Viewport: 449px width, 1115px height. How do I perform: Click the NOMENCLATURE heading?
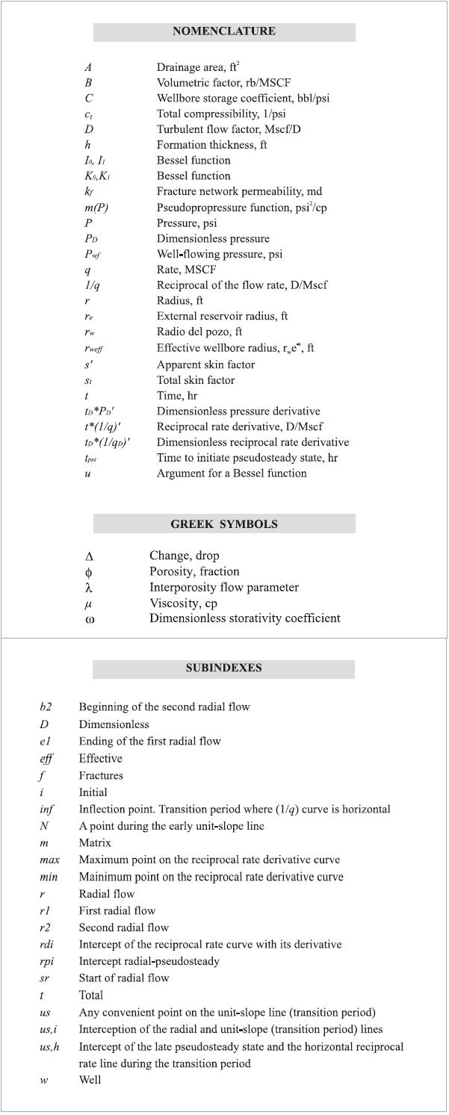point(223,31)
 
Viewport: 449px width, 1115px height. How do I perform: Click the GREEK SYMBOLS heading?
point(223,524)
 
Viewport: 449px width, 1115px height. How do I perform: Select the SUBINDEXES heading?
point(223,668)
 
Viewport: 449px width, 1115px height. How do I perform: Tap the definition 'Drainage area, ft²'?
point(198,66)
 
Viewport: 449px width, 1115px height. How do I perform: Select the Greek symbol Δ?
point(89,556)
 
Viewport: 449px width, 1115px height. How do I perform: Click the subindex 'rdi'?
point(47,945)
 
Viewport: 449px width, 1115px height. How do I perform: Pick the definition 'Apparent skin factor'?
point(205,364)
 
